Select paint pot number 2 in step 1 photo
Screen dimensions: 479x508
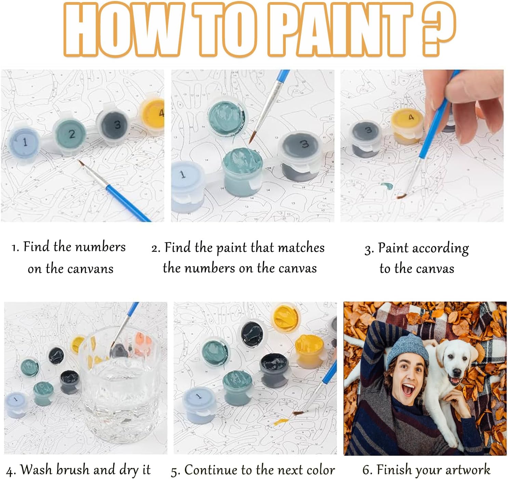click(x=70, y=134)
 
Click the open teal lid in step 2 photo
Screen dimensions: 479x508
click(x=227, y=117)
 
